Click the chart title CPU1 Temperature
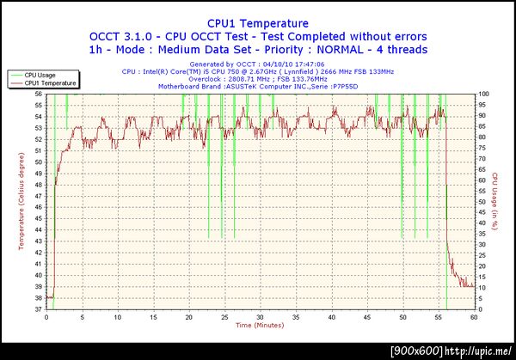tap(257, 23)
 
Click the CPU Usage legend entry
tap(41, 75)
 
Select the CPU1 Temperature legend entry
tap(50, 83)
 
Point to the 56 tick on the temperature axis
tap(39, 95)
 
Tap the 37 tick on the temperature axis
tap(39, 308)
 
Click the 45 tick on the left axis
tap(39, 218)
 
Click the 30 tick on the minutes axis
tap(260, 316)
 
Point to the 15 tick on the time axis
tap(153, 316)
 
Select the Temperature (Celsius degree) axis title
tap(21, 201)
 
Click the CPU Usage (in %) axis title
tap(496, 201)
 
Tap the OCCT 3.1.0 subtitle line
tap(257, 37)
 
